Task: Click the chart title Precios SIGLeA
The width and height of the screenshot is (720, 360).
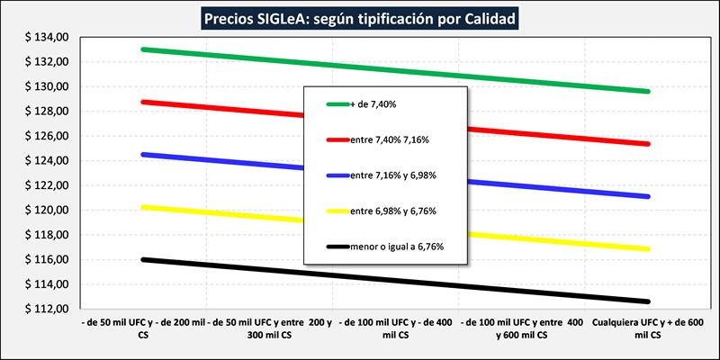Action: (361, 17)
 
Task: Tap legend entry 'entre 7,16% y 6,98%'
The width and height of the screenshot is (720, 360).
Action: (395, 175)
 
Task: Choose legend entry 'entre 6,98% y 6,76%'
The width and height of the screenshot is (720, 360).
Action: (395, 210)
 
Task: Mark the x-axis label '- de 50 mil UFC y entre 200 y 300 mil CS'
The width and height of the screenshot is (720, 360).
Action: (268, 328)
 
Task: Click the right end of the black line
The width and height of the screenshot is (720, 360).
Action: (648, 301)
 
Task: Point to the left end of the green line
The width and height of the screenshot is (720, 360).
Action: (142, 49)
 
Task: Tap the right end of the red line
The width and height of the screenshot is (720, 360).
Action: (648, 144)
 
